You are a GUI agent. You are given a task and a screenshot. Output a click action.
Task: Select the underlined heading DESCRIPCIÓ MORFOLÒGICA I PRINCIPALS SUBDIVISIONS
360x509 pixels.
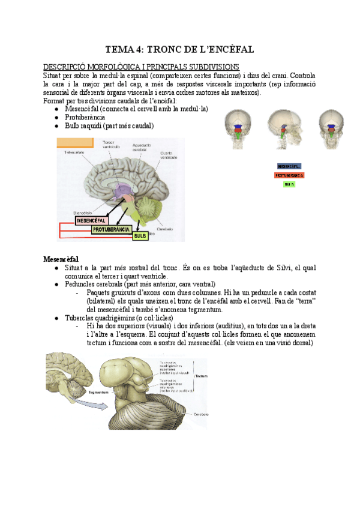pos(141,67)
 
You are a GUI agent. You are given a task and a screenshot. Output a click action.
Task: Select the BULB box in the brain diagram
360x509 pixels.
pos(140,236)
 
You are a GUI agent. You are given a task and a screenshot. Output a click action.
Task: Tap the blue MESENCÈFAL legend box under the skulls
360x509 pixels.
pos(289,166)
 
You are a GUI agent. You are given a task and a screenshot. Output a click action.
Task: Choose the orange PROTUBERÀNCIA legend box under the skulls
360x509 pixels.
pos(289,175)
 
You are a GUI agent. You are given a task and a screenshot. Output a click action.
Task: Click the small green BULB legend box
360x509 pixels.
pos(289,184)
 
